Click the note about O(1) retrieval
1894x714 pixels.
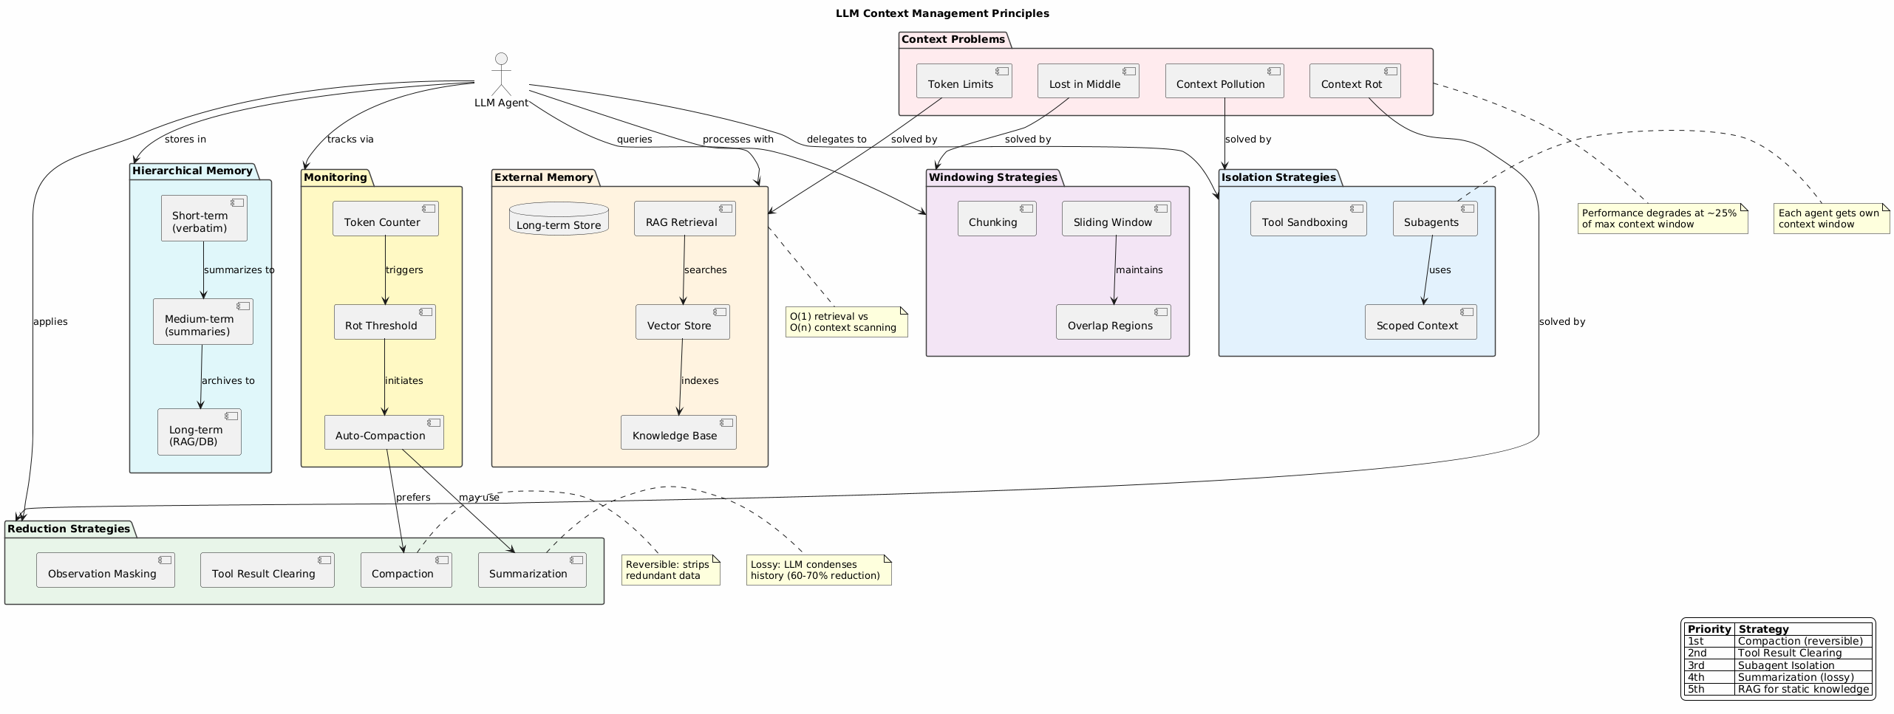pos(846,322)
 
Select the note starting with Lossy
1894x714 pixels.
pos(818,570)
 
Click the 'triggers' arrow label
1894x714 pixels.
pos(404,270)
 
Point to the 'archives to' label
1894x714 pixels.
pos(228,381)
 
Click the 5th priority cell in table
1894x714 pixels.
pos(1708,690)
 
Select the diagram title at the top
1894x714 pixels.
pos(942,13)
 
